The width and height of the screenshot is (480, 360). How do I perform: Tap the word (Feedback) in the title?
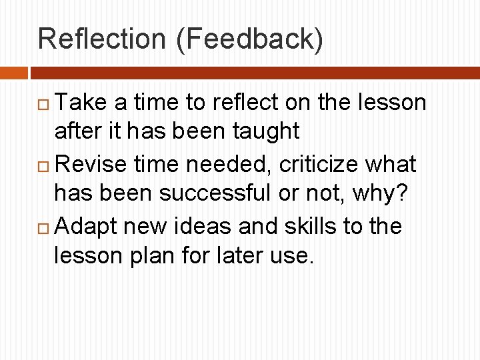click(250, 39)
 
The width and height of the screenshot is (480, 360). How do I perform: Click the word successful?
click(234, 194)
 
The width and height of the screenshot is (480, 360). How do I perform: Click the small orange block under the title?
click(13, 73)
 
